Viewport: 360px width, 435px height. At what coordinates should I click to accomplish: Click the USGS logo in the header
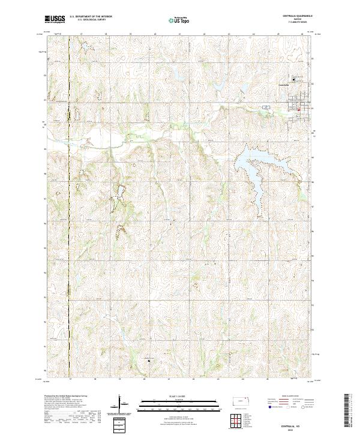55,19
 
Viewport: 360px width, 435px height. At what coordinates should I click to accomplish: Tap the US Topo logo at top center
179,20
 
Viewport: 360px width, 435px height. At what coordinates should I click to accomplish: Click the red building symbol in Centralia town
298,109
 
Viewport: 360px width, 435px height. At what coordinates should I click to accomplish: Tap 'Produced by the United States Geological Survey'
67,397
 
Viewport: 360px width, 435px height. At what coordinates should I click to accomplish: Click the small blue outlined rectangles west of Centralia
265,107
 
